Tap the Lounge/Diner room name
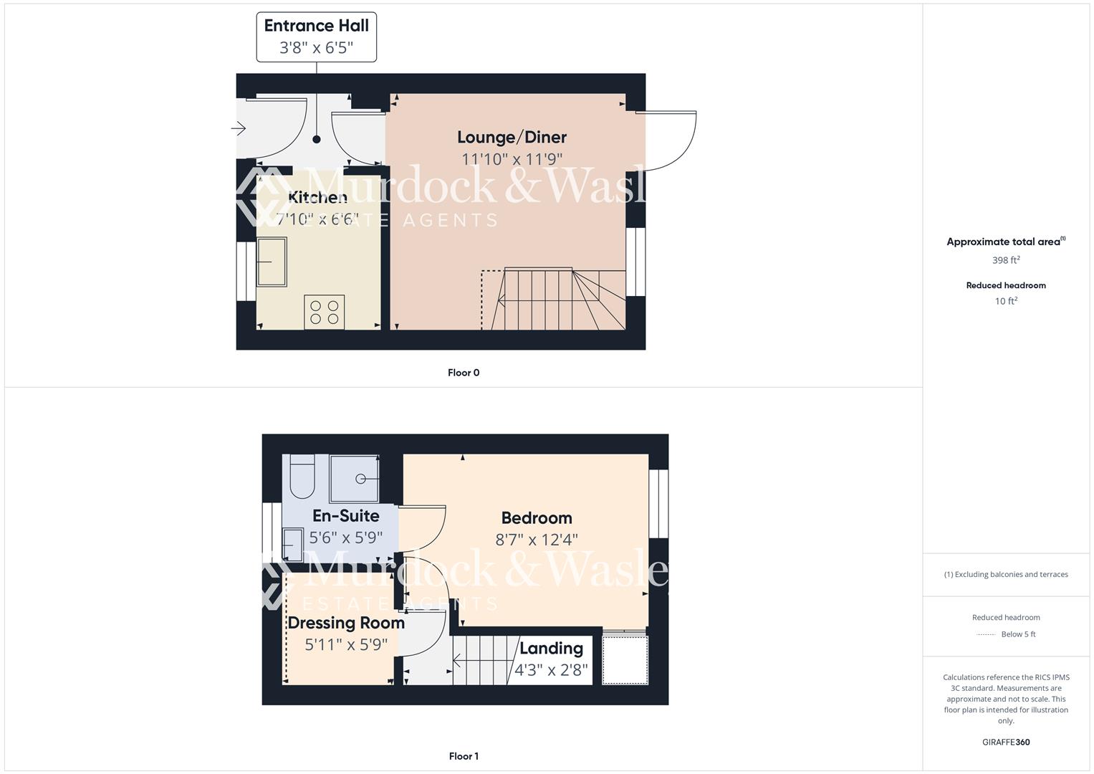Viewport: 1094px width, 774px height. (x=512, y=137)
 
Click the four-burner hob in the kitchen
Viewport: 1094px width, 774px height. (x=324, y=312)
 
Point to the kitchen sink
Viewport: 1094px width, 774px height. (x=272, y=262)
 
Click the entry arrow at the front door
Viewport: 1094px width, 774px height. (x=239, y=129)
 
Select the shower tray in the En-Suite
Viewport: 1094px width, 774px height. (x=354, y=479)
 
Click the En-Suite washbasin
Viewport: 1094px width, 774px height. (x=294, y=544)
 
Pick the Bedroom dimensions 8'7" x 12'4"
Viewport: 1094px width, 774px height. (x=537, y=540)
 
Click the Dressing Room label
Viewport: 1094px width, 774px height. (x=346, y=623)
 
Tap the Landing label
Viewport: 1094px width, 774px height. (x=551, y=648)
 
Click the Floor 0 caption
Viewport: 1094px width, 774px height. (x=464, y=373)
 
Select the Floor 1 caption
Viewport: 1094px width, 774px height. (x=464, y=756)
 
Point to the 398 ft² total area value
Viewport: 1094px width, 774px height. (x=1006, y=260)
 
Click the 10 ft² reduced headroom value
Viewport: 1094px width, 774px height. (x=1006, y=301)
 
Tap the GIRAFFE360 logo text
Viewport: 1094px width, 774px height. (x=1006, y=742)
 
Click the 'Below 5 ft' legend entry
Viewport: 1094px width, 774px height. (x=1017, y=634)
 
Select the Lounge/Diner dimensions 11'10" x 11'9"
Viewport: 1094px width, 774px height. (x=512, y=159)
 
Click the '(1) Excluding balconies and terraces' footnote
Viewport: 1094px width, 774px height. (x=1006, y=574)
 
